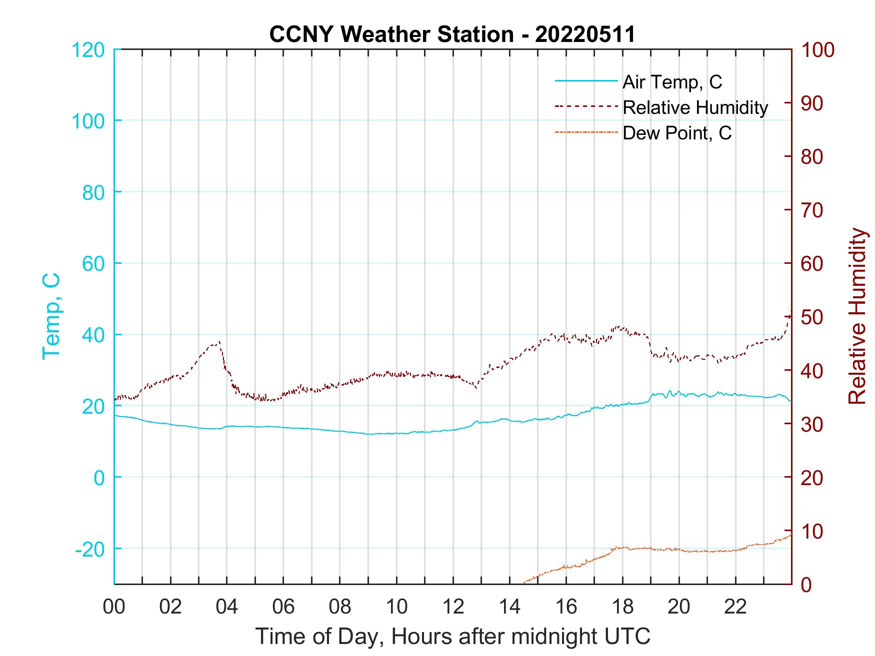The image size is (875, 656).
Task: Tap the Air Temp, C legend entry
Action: point(672,82)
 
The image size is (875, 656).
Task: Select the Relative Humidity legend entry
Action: point(695,107)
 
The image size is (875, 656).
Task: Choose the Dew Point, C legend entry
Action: point(677,133)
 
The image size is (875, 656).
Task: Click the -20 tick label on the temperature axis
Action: point(90,549)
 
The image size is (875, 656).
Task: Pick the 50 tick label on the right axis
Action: point(812,317)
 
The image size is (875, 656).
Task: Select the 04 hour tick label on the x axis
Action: point(226,607)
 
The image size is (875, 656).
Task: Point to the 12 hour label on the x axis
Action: point(453,607)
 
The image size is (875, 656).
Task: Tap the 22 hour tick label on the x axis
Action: point(735,607)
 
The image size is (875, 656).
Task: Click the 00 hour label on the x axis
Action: point(114,607)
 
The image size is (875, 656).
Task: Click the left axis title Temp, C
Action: point(51,316)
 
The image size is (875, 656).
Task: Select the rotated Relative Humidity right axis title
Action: point(857,316)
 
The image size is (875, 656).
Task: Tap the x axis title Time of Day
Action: point(453,637)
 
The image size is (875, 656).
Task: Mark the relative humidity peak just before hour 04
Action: point(218,342)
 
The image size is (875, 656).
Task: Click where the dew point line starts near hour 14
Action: point(523,583)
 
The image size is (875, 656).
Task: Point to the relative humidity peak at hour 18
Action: point(619,327)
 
